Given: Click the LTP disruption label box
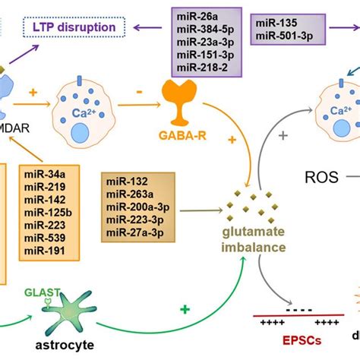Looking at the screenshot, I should click(80, 29).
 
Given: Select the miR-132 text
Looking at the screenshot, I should click(128, 182).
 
